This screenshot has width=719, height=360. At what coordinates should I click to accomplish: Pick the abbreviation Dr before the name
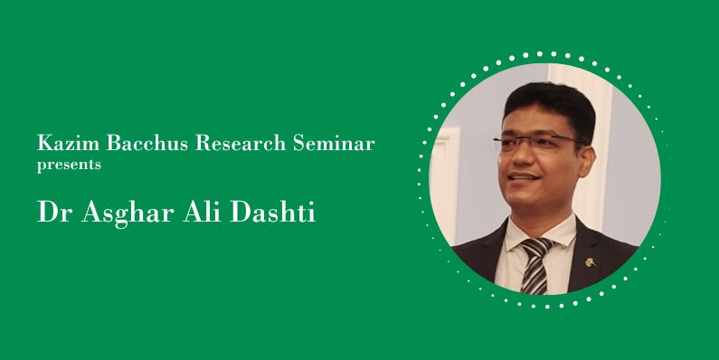coord(52,213)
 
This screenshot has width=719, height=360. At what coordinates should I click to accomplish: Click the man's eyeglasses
coord(534,142)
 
